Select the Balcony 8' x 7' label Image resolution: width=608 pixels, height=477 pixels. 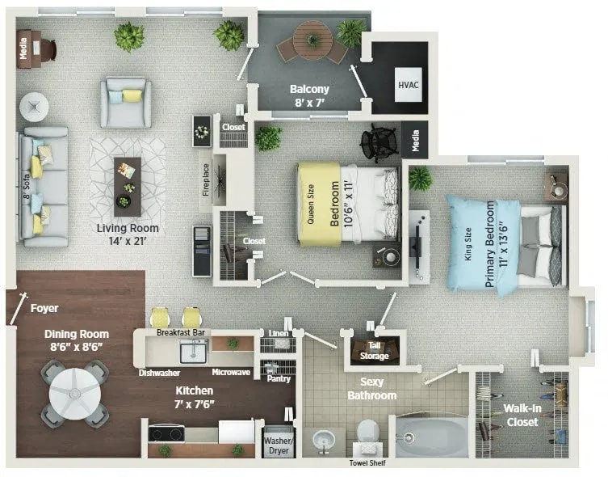[309, 95]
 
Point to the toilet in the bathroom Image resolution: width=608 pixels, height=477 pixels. [367, 436]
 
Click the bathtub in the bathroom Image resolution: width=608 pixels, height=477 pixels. [431, 437]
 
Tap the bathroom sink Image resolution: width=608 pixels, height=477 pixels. [325, 441]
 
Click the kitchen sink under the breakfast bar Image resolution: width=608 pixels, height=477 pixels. [193, 352]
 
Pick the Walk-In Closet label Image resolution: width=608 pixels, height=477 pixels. [521, 415]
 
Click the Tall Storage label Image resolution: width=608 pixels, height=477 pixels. [373, 351]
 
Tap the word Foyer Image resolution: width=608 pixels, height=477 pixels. [44, 308]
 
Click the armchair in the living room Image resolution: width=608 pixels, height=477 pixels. [125, 102]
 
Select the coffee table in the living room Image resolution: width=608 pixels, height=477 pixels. [127, 185]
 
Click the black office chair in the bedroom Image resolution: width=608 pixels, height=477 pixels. [379, 143]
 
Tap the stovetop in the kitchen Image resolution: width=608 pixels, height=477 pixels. [167, 433]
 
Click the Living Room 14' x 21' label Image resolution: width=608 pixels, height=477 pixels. [128, 234]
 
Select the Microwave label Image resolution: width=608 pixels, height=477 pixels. [230, 373]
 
